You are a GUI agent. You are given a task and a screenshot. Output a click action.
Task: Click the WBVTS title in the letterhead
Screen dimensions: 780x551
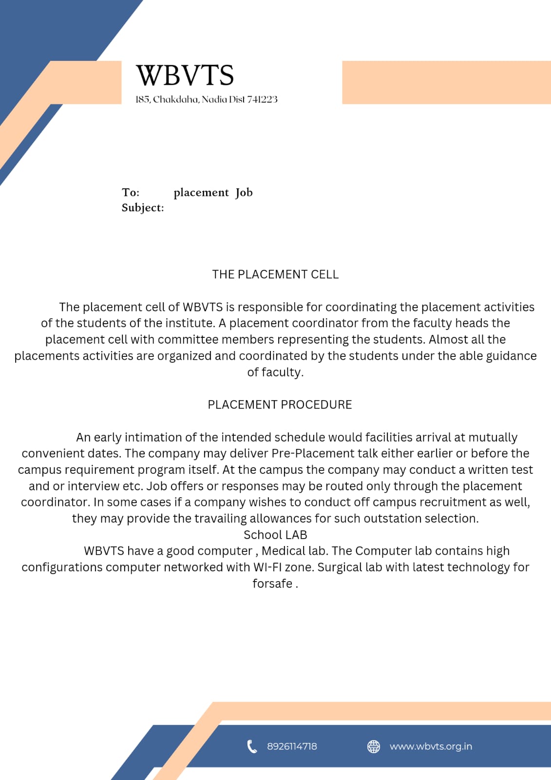[185, 76]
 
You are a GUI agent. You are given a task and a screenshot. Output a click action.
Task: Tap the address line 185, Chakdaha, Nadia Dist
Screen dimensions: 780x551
[206, 99]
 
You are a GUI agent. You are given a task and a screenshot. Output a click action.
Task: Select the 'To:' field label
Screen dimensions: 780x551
[131, 193]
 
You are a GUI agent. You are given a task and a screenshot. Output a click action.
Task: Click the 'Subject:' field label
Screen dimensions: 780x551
[143, 208]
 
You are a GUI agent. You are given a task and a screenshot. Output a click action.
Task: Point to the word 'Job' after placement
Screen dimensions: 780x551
[244, 193]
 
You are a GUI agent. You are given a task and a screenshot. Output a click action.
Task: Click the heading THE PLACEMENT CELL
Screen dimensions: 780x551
[275, 274]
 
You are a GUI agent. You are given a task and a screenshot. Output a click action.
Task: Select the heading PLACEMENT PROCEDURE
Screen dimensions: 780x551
[280, 405]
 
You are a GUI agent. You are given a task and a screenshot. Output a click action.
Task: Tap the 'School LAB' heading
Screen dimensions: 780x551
[275, 535]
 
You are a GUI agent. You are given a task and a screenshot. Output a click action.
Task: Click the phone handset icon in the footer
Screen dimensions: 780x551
[252, 746]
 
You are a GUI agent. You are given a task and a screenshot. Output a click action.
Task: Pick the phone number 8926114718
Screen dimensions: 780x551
[292, 746]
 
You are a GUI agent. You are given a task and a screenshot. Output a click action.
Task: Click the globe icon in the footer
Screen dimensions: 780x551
[374, 746]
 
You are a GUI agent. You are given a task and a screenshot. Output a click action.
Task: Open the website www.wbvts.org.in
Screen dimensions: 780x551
[431, 746]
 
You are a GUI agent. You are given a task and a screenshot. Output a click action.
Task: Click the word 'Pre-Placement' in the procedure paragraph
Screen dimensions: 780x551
[312, 453]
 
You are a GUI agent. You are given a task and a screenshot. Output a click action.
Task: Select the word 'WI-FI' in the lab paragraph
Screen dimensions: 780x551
[267, 567]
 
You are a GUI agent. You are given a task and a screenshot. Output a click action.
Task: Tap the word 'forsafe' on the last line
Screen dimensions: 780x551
[272, 584]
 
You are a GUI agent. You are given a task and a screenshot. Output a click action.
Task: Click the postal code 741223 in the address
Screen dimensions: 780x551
[262, 99]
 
